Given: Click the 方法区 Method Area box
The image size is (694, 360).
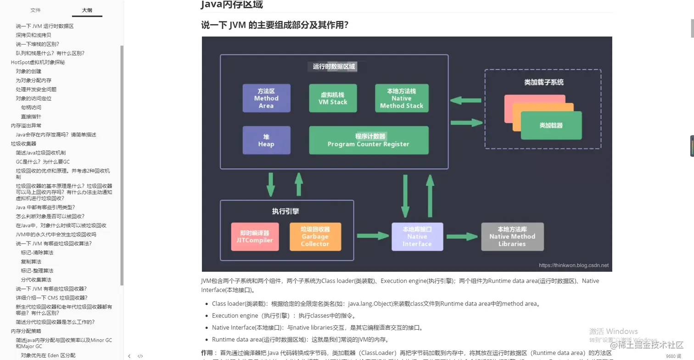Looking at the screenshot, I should (266, 98).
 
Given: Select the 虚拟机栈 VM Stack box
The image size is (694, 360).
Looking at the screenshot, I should (333, 98).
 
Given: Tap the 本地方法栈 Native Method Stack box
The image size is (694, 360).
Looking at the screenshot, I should (402, 98).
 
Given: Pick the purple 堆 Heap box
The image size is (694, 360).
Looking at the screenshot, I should (266, 141).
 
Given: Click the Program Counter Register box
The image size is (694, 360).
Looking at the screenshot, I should (369, 141).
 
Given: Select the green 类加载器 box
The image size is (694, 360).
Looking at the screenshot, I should (551, 125).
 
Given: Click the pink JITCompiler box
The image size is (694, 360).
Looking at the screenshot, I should (255, 236).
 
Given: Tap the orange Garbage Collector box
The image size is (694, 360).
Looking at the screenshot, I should (315, 236).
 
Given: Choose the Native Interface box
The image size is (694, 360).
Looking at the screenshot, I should (417, 236).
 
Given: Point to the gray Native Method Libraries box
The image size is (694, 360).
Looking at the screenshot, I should (512, 236).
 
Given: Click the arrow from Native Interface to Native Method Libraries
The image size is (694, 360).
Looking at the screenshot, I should (462, 236).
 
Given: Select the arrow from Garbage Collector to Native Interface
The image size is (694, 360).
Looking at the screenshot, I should (373, 236).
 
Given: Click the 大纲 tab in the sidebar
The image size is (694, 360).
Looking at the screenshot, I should (87, 10).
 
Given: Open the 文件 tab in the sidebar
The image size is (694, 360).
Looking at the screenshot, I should (35, 10).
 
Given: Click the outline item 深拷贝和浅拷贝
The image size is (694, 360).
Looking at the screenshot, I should (34, 35).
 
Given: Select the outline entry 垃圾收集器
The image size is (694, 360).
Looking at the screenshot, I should (23, 144).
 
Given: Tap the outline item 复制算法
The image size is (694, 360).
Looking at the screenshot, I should (31, 262).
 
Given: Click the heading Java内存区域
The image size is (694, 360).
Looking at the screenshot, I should (232, 5).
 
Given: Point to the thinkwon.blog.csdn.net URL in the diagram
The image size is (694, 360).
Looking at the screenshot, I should (574, 265).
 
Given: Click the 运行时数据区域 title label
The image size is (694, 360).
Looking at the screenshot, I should (334, 67).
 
